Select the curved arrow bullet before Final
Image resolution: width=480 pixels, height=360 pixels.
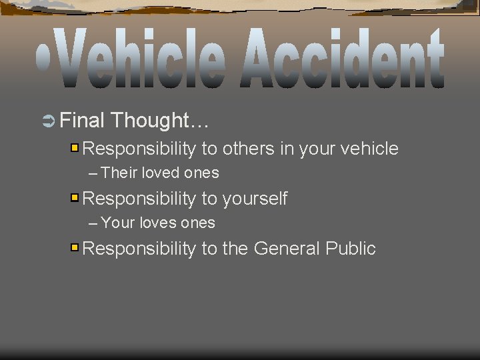(x=48, y=121)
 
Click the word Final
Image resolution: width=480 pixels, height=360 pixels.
(x=82, y=121)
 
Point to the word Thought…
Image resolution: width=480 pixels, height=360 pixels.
(x=160, y=121)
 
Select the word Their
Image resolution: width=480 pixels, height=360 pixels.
(x=119, y=173)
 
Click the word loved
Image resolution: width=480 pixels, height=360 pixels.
(x=160, y=173)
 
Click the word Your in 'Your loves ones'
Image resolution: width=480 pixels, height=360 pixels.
(x=119, y=223)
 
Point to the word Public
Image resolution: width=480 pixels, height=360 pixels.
(x=351, y=249)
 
